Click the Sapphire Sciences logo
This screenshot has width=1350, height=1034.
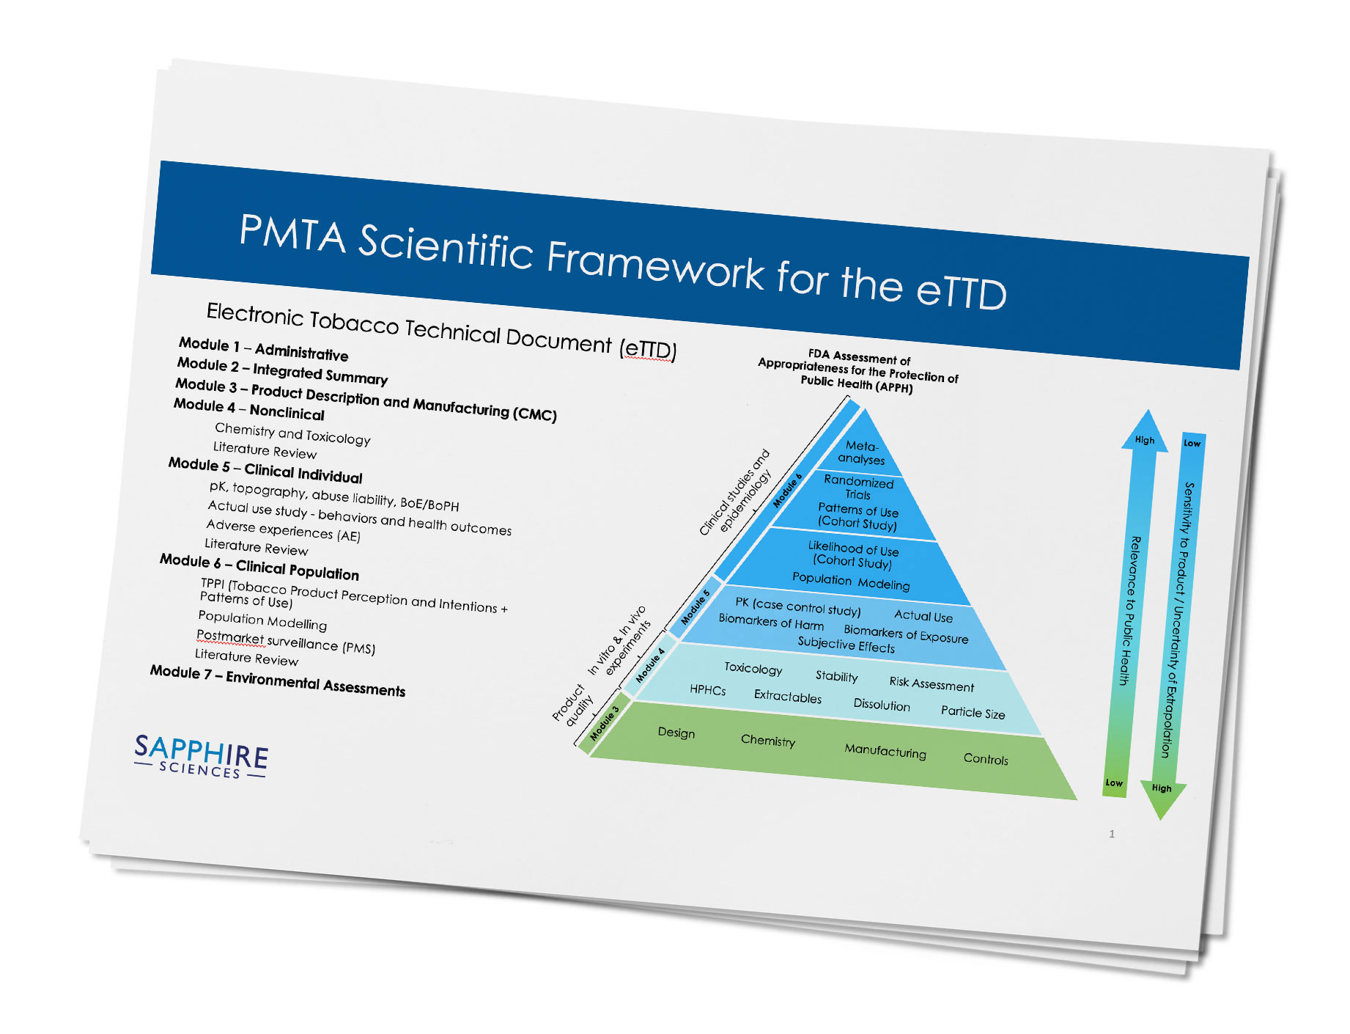click(x=201, y=756)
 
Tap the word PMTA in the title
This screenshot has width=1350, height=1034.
click(x=292, y=234)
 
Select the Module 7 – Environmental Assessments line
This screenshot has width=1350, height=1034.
click(x=278, y=681)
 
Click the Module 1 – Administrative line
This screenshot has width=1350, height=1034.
click(x=264, y=348)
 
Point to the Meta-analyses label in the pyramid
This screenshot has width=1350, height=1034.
click(x=862, y=452)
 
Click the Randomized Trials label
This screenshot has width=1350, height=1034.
click(x=858, y=488)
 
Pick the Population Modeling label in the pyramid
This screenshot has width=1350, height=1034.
click(x=851, y=581)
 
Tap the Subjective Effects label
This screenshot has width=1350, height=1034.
click(x=846, y=645)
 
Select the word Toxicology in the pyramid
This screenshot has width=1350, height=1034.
click(x=753, y=668)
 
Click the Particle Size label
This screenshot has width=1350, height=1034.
click(x=973, y=712)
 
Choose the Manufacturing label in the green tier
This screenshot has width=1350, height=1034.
click(x=885, y=751)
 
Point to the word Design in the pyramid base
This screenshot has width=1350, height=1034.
click(x=676, y=733)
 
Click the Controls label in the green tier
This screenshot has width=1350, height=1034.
click(x=986, y=759)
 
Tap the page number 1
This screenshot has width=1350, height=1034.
click(x=1112, y=834)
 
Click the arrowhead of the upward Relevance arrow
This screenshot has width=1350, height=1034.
click(x=1146, y=431)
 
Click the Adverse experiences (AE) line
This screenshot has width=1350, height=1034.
click(x=283, y=530)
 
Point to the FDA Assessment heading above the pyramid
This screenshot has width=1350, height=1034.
click(x=858, y=371)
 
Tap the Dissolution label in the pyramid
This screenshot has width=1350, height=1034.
click(x=882, y=705)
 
